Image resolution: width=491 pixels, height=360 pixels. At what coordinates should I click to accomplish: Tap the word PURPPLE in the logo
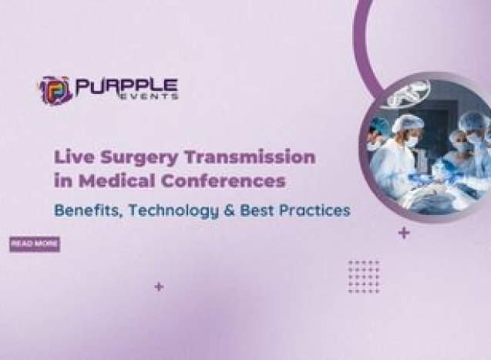(x=126, y=85)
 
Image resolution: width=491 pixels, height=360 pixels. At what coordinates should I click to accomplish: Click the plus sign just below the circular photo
(x=404, y=233)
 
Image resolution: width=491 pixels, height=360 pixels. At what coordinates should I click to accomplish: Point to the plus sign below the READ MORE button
(x=159, y=287)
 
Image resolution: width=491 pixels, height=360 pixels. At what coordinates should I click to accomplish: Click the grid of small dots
(x=363, y=275)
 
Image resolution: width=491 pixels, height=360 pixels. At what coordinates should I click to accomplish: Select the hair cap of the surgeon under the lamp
(x=408, y=123)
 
